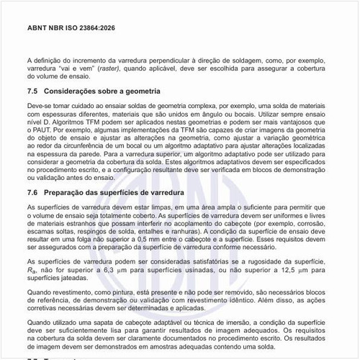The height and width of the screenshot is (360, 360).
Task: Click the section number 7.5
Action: (x=33, y=91)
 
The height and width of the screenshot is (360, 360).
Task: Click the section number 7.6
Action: (x=33, y=193)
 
